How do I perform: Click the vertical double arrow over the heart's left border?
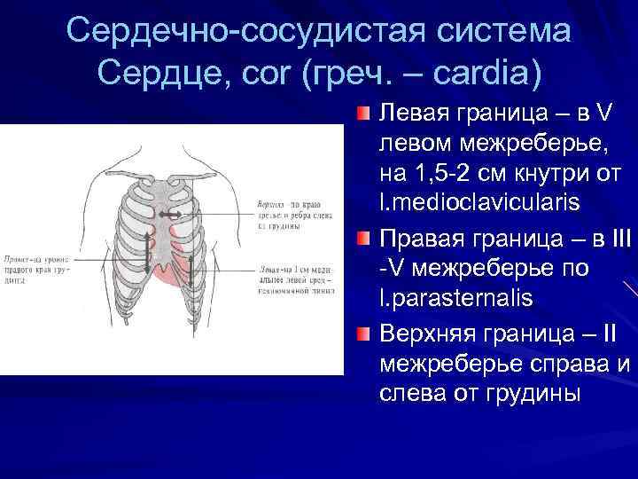click(189, 271)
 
